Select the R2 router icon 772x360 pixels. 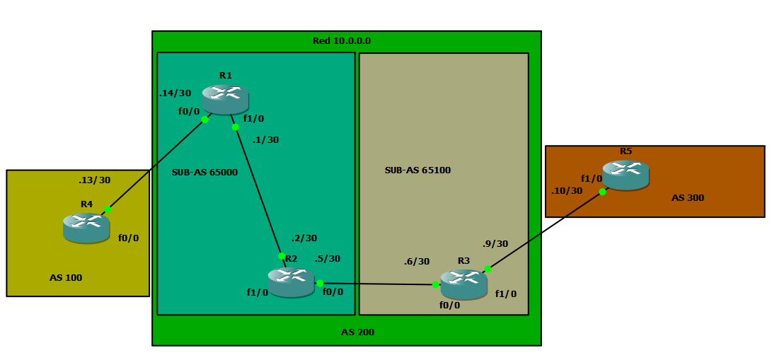290,282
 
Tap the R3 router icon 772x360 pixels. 463,284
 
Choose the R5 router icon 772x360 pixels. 626,175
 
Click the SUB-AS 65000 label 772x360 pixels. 204,172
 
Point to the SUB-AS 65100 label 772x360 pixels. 417,170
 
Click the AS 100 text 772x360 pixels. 66,277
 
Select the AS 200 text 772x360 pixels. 357,332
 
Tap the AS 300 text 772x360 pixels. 687,197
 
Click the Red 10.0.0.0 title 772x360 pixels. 342,41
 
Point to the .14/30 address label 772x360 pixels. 175,93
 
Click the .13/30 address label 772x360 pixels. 94,180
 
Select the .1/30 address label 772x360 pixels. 265,139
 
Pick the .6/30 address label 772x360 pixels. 416,261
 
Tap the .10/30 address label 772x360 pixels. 567,190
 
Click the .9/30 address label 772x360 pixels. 495,243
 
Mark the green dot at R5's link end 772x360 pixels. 602,192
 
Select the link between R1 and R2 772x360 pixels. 258,192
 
